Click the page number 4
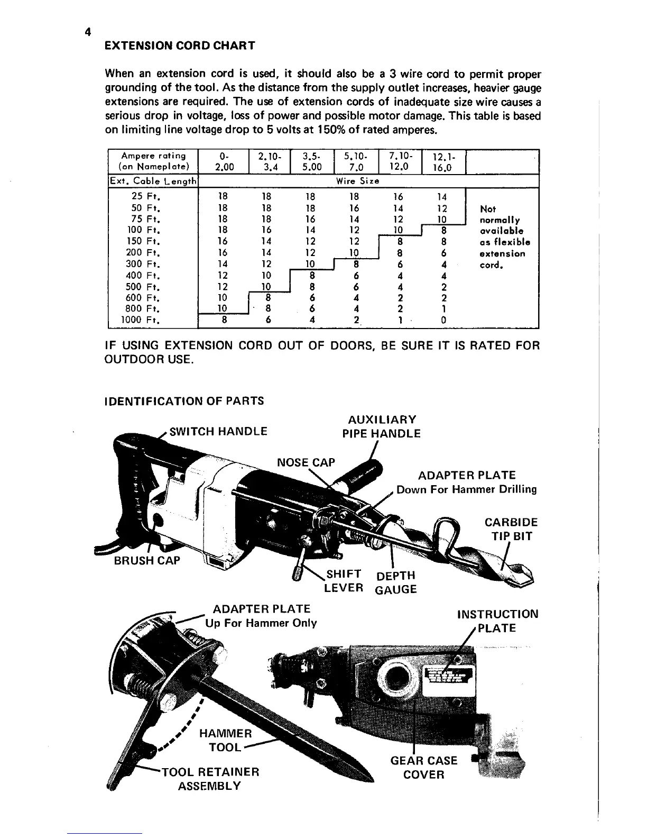pyautogui.click(x=88, y=32)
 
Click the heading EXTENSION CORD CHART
pyautogui.click(x=180, y=45)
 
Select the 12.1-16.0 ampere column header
pyautogui.click(x=443, y=162)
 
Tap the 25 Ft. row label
pyautogui.click(x=145, y=197)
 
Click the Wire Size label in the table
pyautogui.click(x=357, y=180)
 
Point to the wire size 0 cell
pyautogui.click(x=443, y=320)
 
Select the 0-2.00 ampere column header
pyautogui.click(x=223, y=162)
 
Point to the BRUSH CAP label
pyautogui.click(x=147, y=560)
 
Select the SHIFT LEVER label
pyautogui.click(x=344, y=581)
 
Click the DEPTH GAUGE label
pyautogui.click(x=395, y=582)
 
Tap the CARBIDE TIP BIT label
pyautogui.click(x=511, y=529)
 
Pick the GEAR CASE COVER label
pyautogui.click(x=423, y=767)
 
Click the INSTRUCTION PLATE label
pyautogui.click(x=497, y=621)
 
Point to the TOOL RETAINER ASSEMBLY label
pyautogui.click(x=210, y=779)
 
